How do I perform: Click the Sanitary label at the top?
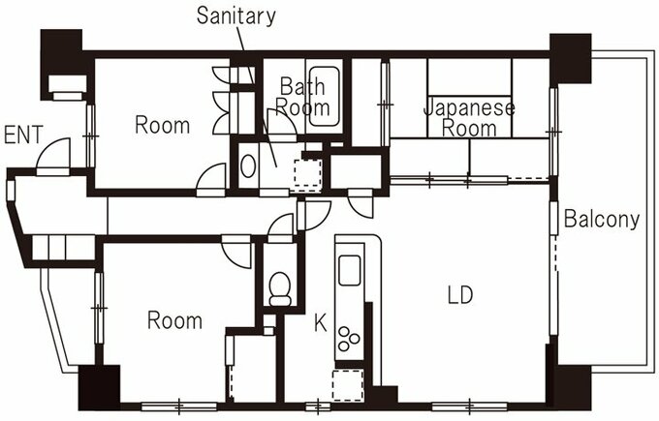(235, 15)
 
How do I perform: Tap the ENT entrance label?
(23, 135)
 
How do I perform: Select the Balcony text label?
(602, 220)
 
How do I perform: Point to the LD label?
(460, 294)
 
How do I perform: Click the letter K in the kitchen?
(320, 323)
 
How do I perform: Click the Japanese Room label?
(469, 118)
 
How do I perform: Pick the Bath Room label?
(302, 97)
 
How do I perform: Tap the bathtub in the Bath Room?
(324, 96)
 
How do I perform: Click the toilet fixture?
(280, 288)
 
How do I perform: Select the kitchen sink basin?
(349, 270)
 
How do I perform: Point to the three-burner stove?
(349, 339)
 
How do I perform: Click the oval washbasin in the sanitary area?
(248, 166)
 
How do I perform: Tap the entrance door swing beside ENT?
(53, 154)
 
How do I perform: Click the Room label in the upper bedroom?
(162, 126)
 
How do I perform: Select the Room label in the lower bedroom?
(174, 320)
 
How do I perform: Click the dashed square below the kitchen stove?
(348, 385)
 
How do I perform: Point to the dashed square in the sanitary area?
(308, 173)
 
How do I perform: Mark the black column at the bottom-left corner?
(100, 388)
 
